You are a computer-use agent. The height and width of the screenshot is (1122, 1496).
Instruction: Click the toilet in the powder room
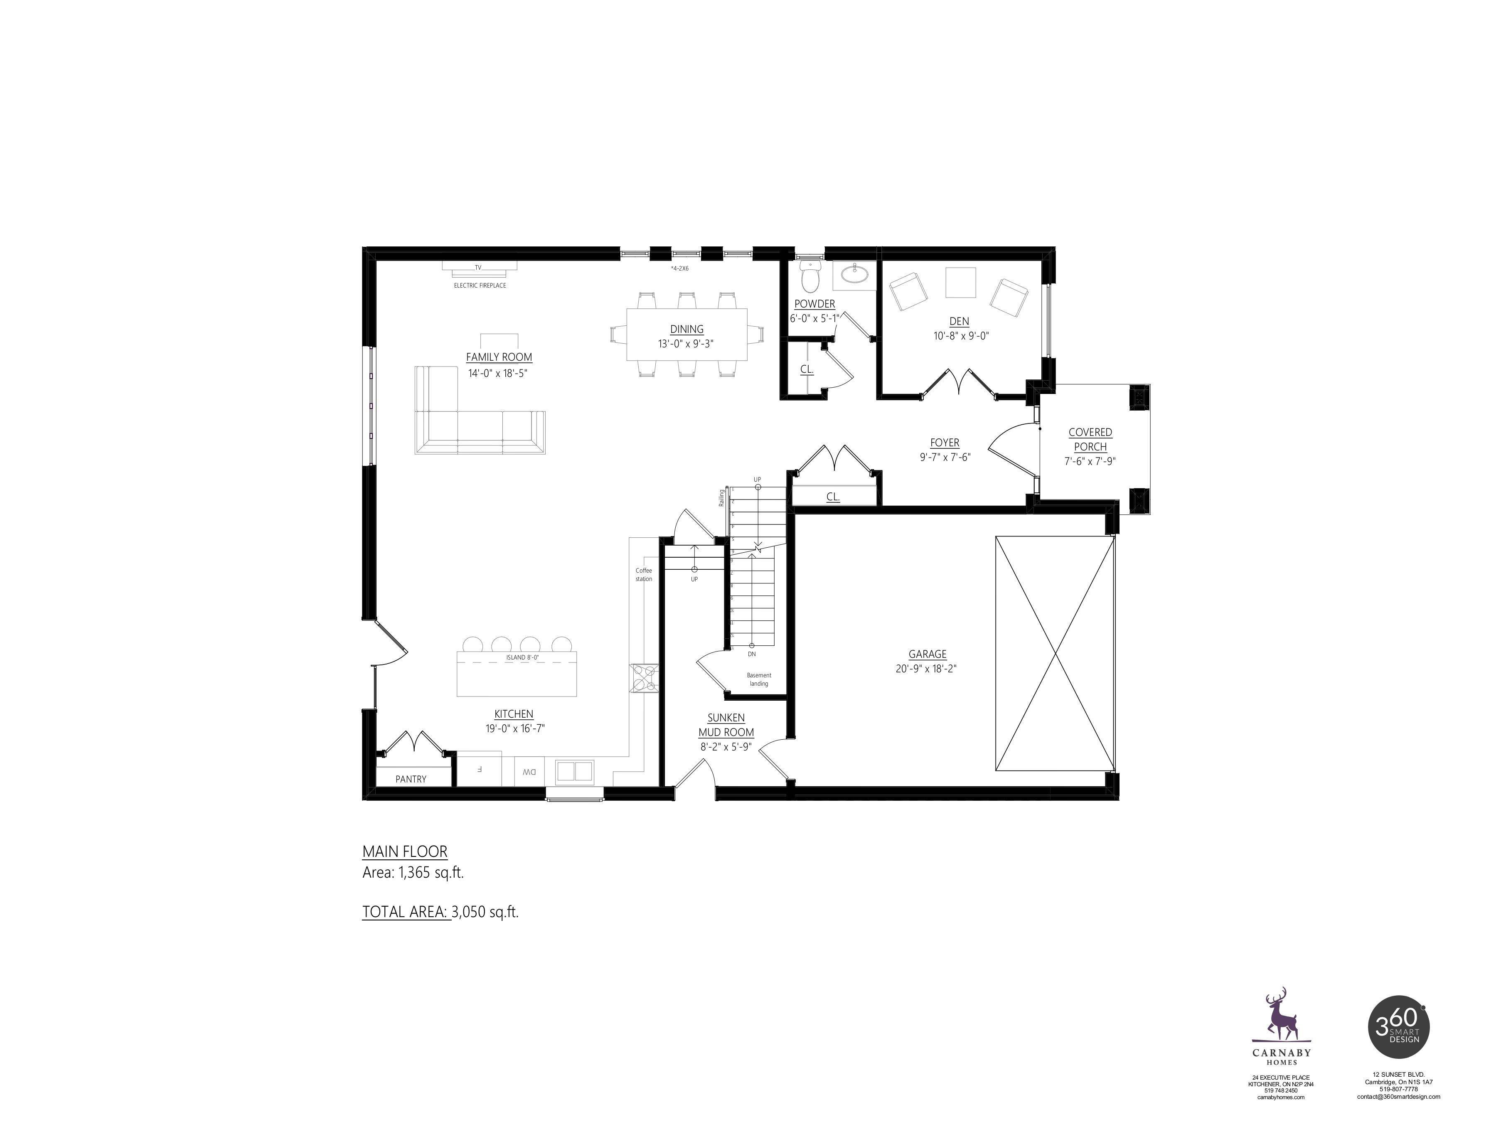point(809,276)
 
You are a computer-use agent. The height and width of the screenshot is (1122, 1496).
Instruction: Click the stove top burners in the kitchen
point(643,678)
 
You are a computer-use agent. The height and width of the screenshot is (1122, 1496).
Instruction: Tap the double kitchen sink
point(574,771)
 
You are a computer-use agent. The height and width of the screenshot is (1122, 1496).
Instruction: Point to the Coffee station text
point(644,575)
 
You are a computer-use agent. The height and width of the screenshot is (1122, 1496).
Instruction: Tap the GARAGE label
point(927,654)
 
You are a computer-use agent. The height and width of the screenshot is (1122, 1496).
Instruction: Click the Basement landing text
point(759,679)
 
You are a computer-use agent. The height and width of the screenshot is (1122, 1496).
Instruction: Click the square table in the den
point(960,283)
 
